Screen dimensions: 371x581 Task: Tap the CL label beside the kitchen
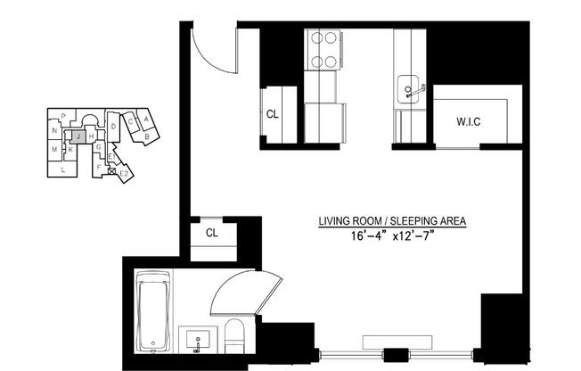pyautogui.click(x=272, y=114)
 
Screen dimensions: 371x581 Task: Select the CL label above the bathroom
pyautogui.click(x=212, y=233)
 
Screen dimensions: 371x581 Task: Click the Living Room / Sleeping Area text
pyautogui.click(x=392, y=221)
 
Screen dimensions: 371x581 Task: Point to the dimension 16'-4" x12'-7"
pyautogui.click(x=392, y=236)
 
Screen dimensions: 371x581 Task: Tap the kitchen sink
pyautogui.click(x=411, y=89)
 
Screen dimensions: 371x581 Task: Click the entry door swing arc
pyautogui.click(x=216, y=50)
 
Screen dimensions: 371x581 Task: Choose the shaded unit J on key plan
pyautogui.click(x=78, y=136)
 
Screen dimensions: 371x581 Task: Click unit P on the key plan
pyautogui.click(x=63, y=116)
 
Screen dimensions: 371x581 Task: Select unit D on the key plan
pyautogui.click(x=113, y=127)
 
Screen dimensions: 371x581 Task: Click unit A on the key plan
pyautogui.click(x=145, y=119)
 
